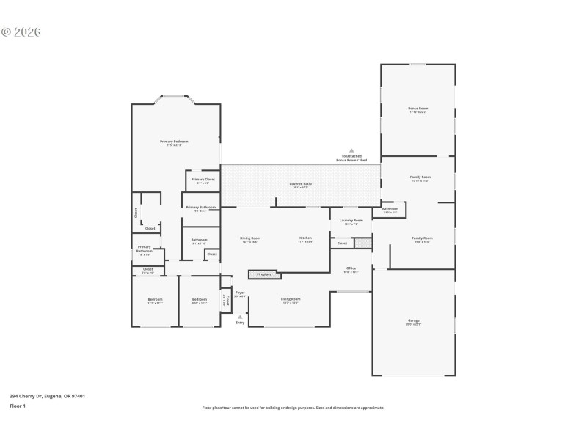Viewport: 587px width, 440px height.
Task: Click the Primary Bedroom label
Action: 175,142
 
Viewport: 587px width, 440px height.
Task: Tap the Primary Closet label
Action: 203,180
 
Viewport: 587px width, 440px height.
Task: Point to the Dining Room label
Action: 250,239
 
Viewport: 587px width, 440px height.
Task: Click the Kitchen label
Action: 305,239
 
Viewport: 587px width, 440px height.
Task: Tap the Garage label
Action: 414,322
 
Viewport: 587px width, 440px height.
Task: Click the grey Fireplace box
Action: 265,275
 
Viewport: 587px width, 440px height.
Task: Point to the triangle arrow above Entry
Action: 240,317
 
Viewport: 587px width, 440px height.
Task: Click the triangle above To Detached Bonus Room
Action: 351,150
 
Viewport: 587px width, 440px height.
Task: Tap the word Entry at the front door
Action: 240,323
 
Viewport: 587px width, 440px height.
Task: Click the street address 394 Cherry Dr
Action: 47,396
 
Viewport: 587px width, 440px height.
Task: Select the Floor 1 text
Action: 18,406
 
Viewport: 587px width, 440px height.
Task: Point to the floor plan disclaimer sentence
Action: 293,408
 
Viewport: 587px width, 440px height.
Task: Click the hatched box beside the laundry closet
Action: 363,243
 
